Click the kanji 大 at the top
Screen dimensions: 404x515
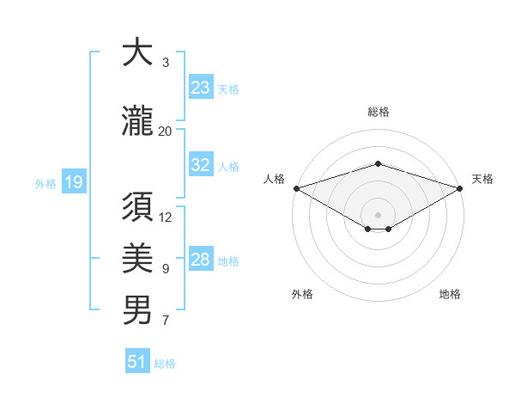pos(137,53)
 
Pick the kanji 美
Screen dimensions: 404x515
pos(137,258)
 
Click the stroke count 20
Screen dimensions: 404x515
pos(166,131)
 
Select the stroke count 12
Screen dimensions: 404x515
pos(166,217)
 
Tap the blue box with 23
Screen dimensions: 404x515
pos(201,87)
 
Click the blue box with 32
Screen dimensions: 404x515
pos(201,165)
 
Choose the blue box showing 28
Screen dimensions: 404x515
pos(201,260)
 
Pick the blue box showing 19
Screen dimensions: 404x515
pos(73,181)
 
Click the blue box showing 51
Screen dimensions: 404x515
pos(137,362)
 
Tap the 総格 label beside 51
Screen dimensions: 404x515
pos(165,364)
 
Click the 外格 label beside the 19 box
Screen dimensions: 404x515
pos(45,183)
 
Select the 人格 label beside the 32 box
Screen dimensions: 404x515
pos(228,167)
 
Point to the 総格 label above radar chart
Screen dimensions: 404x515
pos(378,112)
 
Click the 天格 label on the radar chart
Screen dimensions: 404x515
pos(482,179)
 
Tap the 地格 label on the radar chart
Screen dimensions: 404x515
pos(450,294)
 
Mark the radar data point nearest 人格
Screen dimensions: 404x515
pos(296,188)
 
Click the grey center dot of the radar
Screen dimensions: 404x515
pos(378,214)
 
